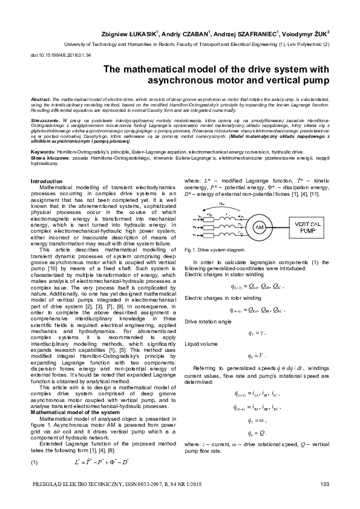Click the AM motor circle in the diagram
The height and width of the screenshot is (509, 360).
click(x=260, y=226)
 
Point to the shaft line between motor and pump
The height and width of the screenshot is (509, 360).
click(x=279, y=226)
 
